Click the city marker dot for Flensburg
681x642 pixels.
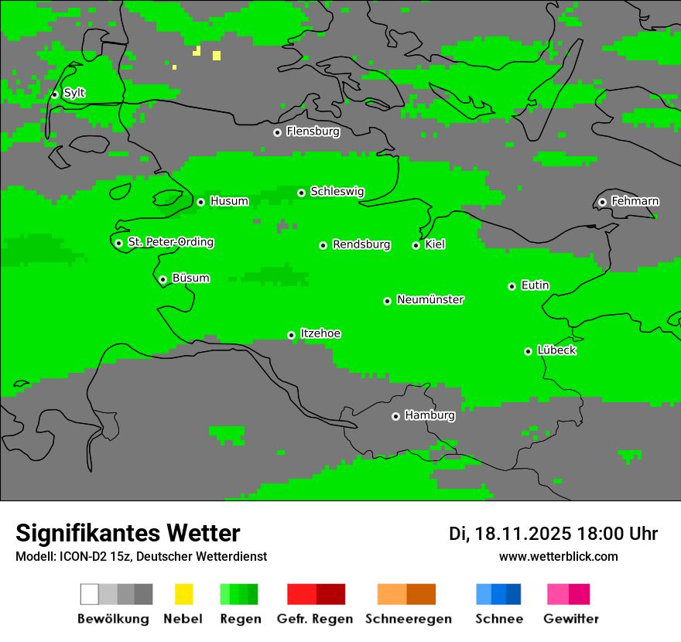click(277, 132)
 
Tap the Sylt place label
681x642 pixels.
click(74, 93)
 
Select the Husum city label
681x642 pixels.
click(229, 201)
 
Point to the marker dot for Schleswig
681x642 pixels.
click(301, 193)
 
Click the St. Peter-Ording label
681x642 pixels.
click(170, 242)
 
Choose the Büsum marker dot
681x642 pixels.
click(163, 279)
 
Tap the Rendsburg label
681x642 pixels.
click(361, 244)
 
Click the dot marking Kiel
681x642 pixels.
click(416, 245)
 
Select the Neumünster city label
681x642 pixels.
click(430, 299)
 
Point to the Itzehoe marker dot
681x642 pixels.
click(291, 335)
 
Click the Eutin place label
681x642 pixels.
click(535, 285)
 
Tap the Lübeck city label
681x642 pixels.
click(556, 350)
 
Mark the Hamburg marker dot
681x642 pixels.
click(395, 416)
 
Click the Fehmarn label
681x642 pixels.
click(635, 201)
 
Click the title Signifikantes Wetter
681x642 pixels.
click(128, 533)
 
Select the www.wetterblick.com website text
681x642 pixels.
click(559, 556)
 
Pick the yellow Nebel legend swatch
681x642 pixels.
click(183, 594)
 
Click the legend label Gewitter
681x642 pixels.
click(571, 619)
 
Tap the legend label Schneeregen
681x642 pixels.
click(409, 619)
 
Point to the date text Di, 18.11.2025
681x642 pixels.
click(510, 534)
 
